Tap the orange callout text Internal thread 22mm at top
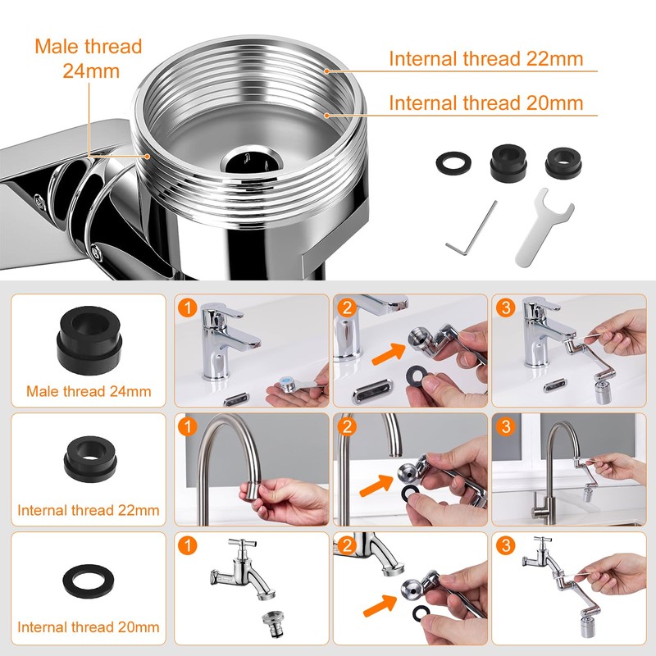pos(485,59)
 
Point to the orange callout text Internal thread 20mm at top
pos(485,102)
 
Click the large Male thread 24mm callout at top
pos(89,58)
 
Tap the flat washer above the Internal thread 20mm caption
pos(88,582)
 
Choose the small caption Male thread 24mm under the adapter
pos(89,391)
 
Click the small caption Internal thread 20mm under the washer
pos(89,629)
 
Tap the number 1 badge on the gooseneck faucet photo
pos(187,427)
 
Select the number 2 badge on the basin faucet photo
pos(345,309)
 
